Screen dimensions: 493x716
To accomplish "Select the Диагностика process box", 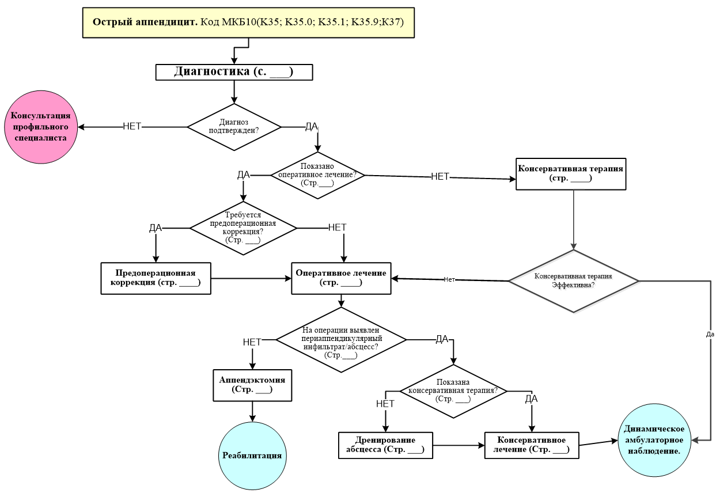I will coord(234,72).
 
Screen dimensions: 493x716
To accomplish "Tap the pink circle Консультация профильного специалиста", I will coord(41,127).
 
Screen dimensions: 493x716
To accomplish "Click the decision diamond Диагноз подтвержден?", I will coord(234,127).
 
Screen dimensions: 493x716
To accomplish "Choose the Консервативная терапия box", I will coord(571,173).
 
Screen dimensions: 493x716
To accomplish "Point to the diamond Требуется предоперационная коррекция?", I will coord(243,229).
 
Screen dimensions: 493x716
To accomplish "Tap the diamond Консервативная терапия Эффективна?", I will coord(574,280).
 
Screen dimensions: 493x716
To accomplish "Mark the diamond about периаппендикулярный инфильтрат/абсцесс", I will coord(341,339).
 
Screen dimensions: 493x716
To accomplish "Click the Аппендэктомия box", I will coord(252,385).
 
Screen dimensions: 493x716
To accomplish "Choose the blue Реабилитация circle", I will coord(252,455).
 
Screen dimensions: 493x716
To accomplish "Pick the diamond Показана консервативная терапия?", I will coord(453,390).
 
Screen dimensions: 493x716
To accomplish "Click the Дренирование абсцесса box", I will coord(385,445).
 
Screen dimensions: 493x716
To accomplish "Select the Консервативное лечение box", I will coord(531,445).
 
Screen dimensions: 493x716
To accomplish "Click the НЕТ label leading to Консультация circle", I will coord(132,126).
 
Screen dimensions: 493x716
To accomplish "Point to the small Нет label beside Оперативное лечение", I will coord(449,279).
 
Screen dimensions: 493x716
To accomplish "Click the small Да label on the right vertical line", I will coord(709,334).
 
